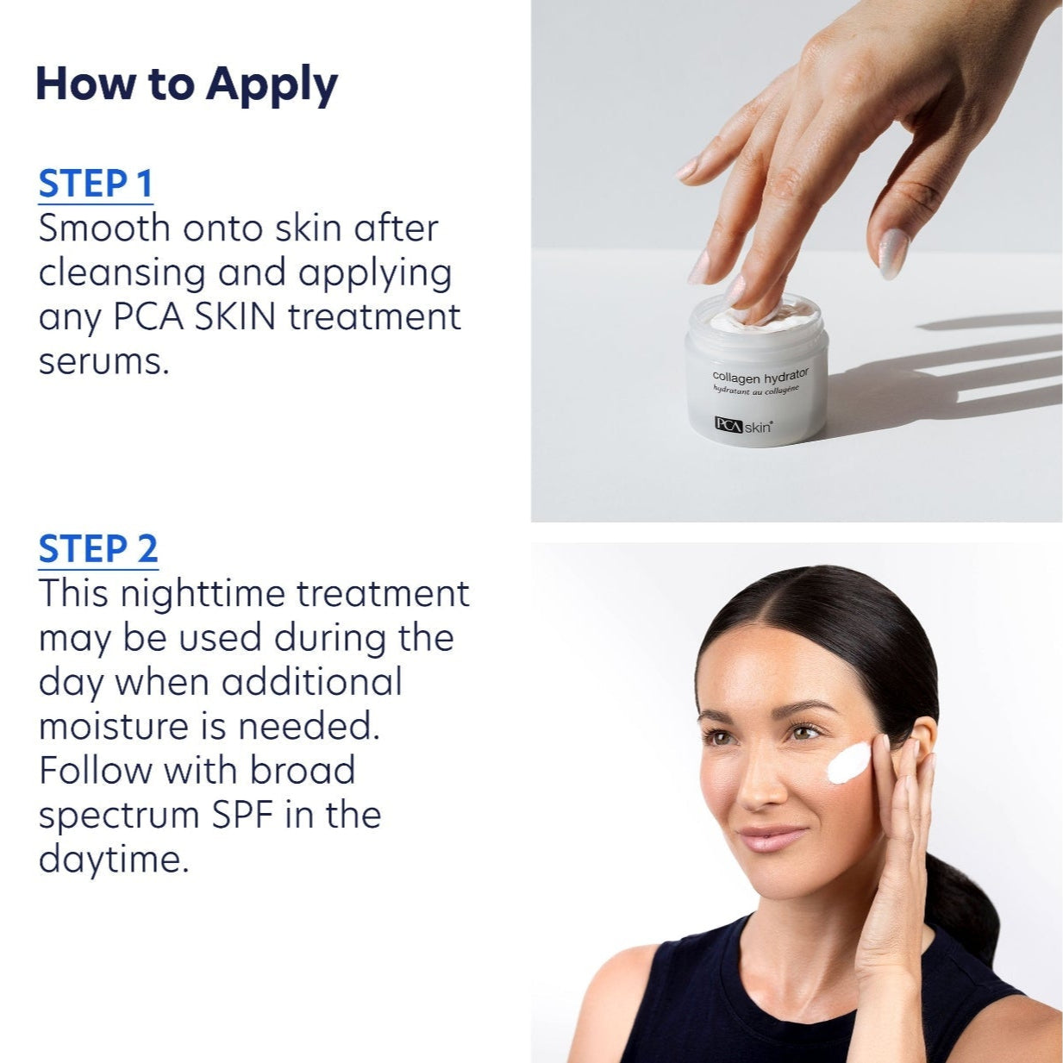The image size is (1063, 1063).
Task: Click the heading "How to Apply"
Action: [x=186, y=84]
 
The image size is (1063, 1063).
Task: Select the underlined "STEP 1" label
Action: [x=96, y=184]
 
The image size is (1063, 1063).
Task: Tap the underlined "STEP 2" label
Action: [x=98, y=549]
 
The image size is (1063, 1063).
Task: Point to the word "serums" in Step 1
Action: [x=101, y=361]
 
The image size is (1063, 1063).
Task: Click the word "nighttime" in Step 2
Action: [x=203, y=594]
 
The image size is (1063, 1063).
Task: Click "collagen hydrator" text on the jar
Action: [x=760, y=377]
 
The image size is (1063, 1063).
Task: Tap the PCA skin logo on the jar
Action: [x=742, y=425]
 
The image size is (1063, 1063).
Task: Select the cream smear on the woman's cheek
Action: [x=849, y=763]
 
